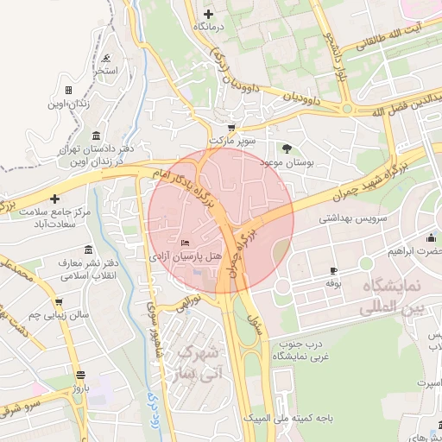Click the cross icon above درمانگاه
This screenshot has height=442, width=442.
click(x=208, y=14)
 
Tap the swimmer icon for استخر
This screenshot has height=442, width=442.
click(x=105, y=59)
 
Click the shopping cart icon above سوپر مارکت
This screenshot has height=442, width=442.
click(x=230, y=127)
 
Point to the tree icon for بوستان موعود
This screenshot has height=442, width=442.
click(x=287, y=148)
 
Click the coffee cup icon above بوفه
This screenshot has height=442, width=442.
click(x=333, y=270)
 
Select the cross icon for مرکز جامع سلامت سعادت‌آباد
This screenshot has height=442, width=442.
click(x=55, y=199)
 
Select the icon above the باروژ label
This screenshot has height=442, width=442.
click(x=81, y=376)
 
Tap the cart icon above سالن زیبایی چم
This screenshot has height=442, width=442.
click(x=59, y=302)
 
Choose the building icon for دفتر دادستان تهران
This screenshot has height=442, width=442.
click(x=94, y=136)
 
